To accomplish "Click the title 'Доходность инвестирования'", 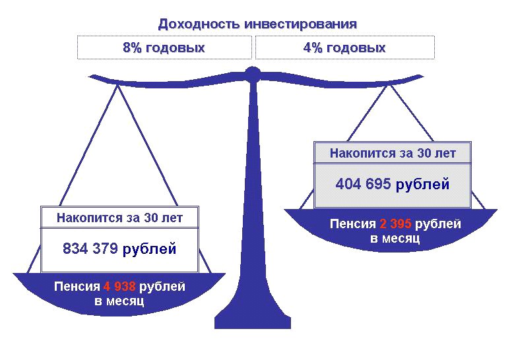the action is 257,24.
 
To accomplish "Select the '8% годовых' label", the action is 164,47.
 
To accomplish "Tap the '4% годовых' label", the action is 344,47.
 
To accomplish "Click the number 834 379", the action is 90,249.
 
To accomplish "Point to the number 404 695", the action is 363,184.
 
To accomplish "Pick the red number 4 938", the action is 119,286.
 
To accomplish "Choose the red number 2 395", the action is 395,224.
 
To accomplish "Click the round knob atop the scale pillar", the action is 253,73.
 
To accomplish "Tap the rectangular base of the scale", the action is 253,322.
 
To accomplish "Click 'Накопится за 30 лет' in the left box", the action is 119,218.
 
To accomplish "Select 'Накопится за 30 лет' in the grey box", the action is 393,153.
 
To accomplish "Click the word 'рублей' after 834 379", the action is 149,249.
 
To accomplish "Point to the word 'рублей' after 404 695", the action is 422,185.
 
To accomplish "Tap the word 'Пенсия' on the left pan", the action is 77,287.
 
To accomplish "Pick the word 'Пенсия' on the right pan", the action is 353,224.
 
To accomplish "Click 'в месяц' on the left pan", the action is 119,301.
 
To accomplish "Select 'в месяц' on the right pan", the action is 395,239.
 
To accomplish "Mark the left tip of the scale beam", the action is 88,77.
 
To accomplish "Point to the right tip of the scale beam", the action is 423,77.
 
